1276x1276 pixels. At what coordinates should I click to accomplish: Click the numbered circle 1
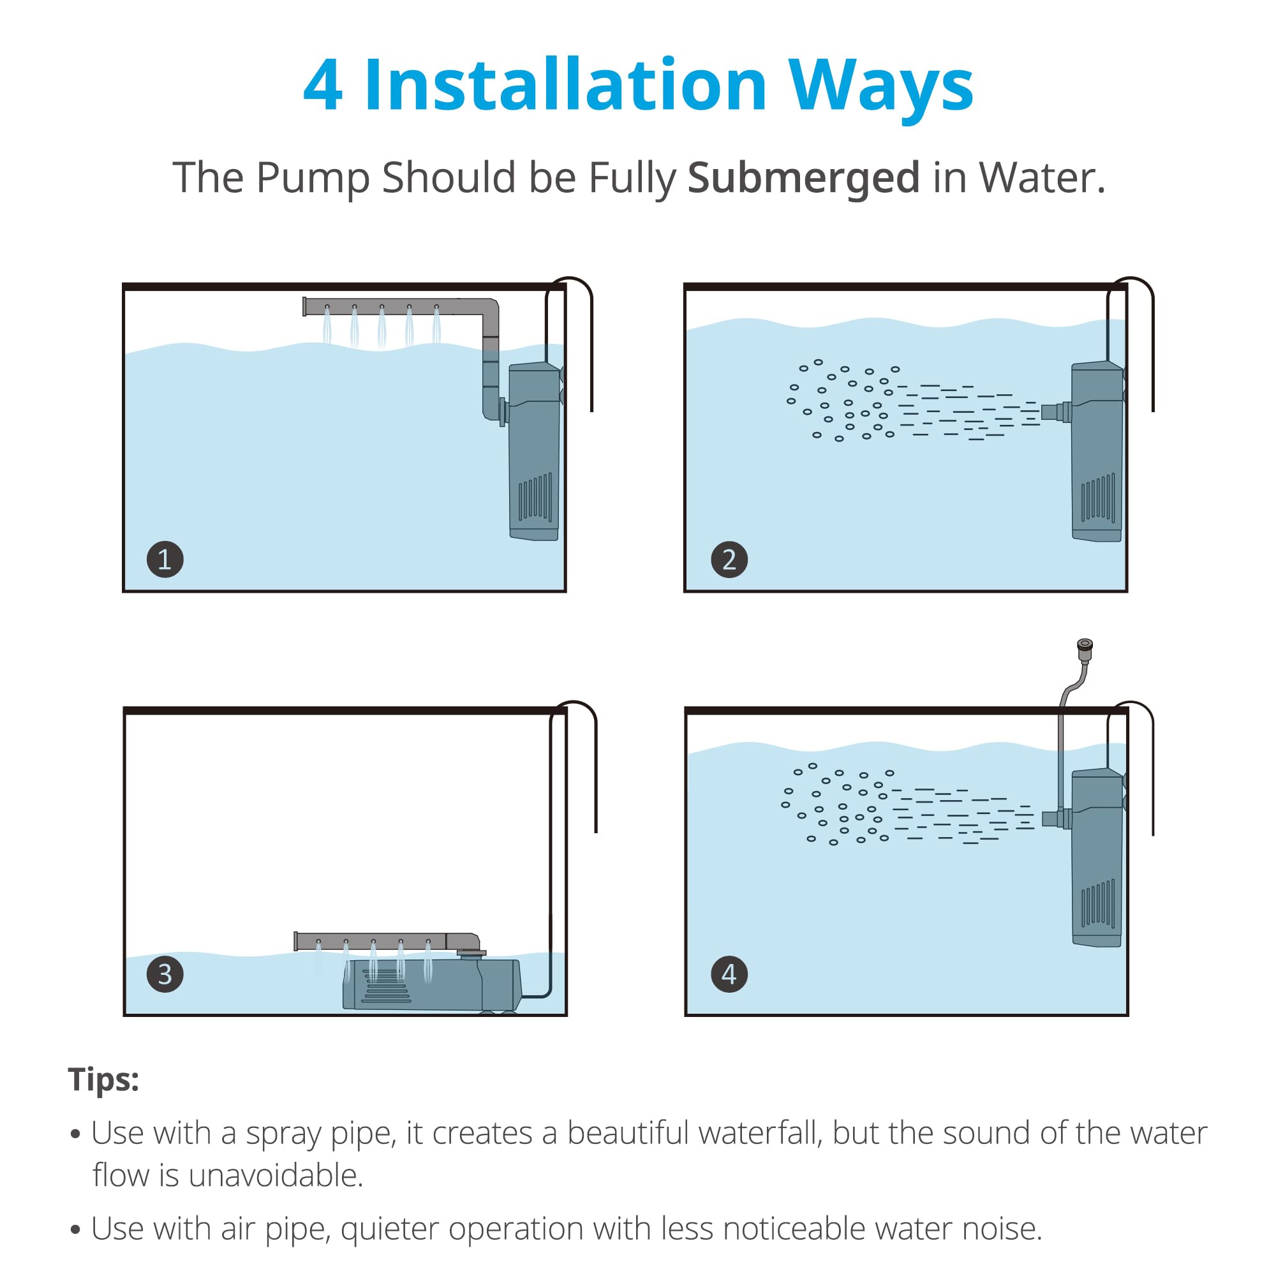point(165,560)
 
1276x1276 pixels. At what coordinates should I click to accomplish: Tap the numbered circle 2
point(729,560)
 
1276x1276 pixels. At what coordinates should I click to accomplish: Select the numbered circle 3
point(165,974)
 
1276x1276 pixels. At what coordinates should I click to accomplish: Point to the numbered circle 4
point(729,974)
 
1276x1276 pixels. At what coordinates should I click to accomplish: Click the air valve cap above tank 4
point(1085,649)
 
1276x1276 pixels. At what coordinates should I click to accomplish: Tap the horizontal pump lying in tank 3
point(431,984)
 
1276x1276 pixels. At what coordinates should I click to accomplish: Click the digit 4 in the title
point(323,86)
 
